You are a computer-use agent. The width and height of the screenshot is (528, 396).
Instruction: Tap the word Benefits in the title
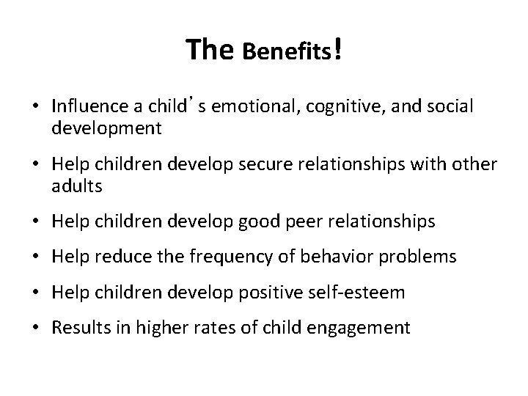click(x=287, y=53)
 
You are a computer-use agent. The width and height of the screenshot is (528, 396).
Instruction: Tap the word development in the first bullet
click(x=106, y=129)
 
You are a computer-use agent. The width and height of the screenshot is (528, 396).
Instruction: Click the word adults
click(x=77, y=186)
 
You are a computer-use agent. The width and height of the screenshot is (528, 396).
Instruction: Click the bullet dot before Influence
click(x=35, y=108)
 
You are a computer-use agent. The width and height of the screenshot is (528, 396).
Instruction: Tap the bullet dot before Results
click(x=35, y=328)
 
